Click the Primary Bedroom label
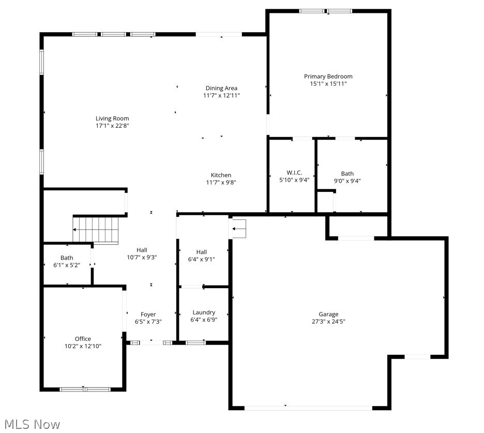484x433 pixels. [x=328, y=77]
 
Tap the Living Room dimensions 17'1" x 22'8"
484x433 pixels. [x=112, y=126]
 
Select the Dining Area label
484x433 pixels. [x=221, y=88]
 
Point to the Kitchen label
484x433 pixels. [x=221, y=175]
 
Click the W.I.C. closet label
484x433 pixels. [x=294, y=172]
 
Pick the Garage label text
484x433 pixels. [x=328, y=314]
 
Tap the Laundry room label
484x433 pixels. [x=204, y=312]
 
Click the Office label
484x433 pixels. [x=83, y=339]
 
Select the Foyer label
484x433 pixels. [x=148, y=315]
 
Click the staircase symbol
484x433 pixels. [x=96, y=230]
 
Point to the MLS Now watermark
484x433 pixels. [x=31, y=424]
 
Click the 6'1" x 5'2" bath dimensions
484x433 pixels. [x=67, y=265]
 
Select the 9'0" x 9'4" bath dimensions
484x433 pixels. [x=347, y=181]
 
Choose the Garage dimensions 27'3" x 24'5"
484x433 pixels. [x=328, y=321]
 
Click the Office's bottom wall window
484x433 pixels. [x=85, y=389]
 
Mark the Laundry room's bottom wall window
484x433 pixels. [x=195, y=342]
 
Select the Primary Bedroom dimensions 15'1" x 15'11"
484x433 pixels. [x=328, y=84]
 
